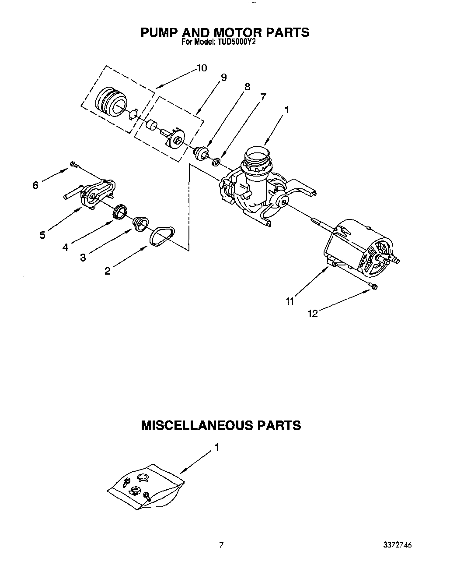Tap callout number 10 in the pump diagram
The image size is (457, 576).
(x=202, y=68)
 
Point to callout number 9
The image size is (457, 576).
(x=223, y=78)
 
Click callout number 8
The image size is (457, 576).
(x=247, y=87)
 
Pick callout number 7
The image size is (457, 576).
(x=263, y=97)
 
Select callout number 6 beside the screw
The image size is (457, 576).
(x=35, y=185)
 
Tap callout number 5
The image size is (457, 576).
(x=42, y=235)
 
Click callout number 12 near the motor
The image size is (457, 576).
(x=313, y=314)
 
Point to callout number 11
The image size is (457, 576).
(x=290, y=301)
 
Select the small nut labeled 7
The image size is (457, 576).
(x=216, y=163)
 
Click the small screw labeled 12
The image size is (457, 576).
(x=374, y=286)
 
